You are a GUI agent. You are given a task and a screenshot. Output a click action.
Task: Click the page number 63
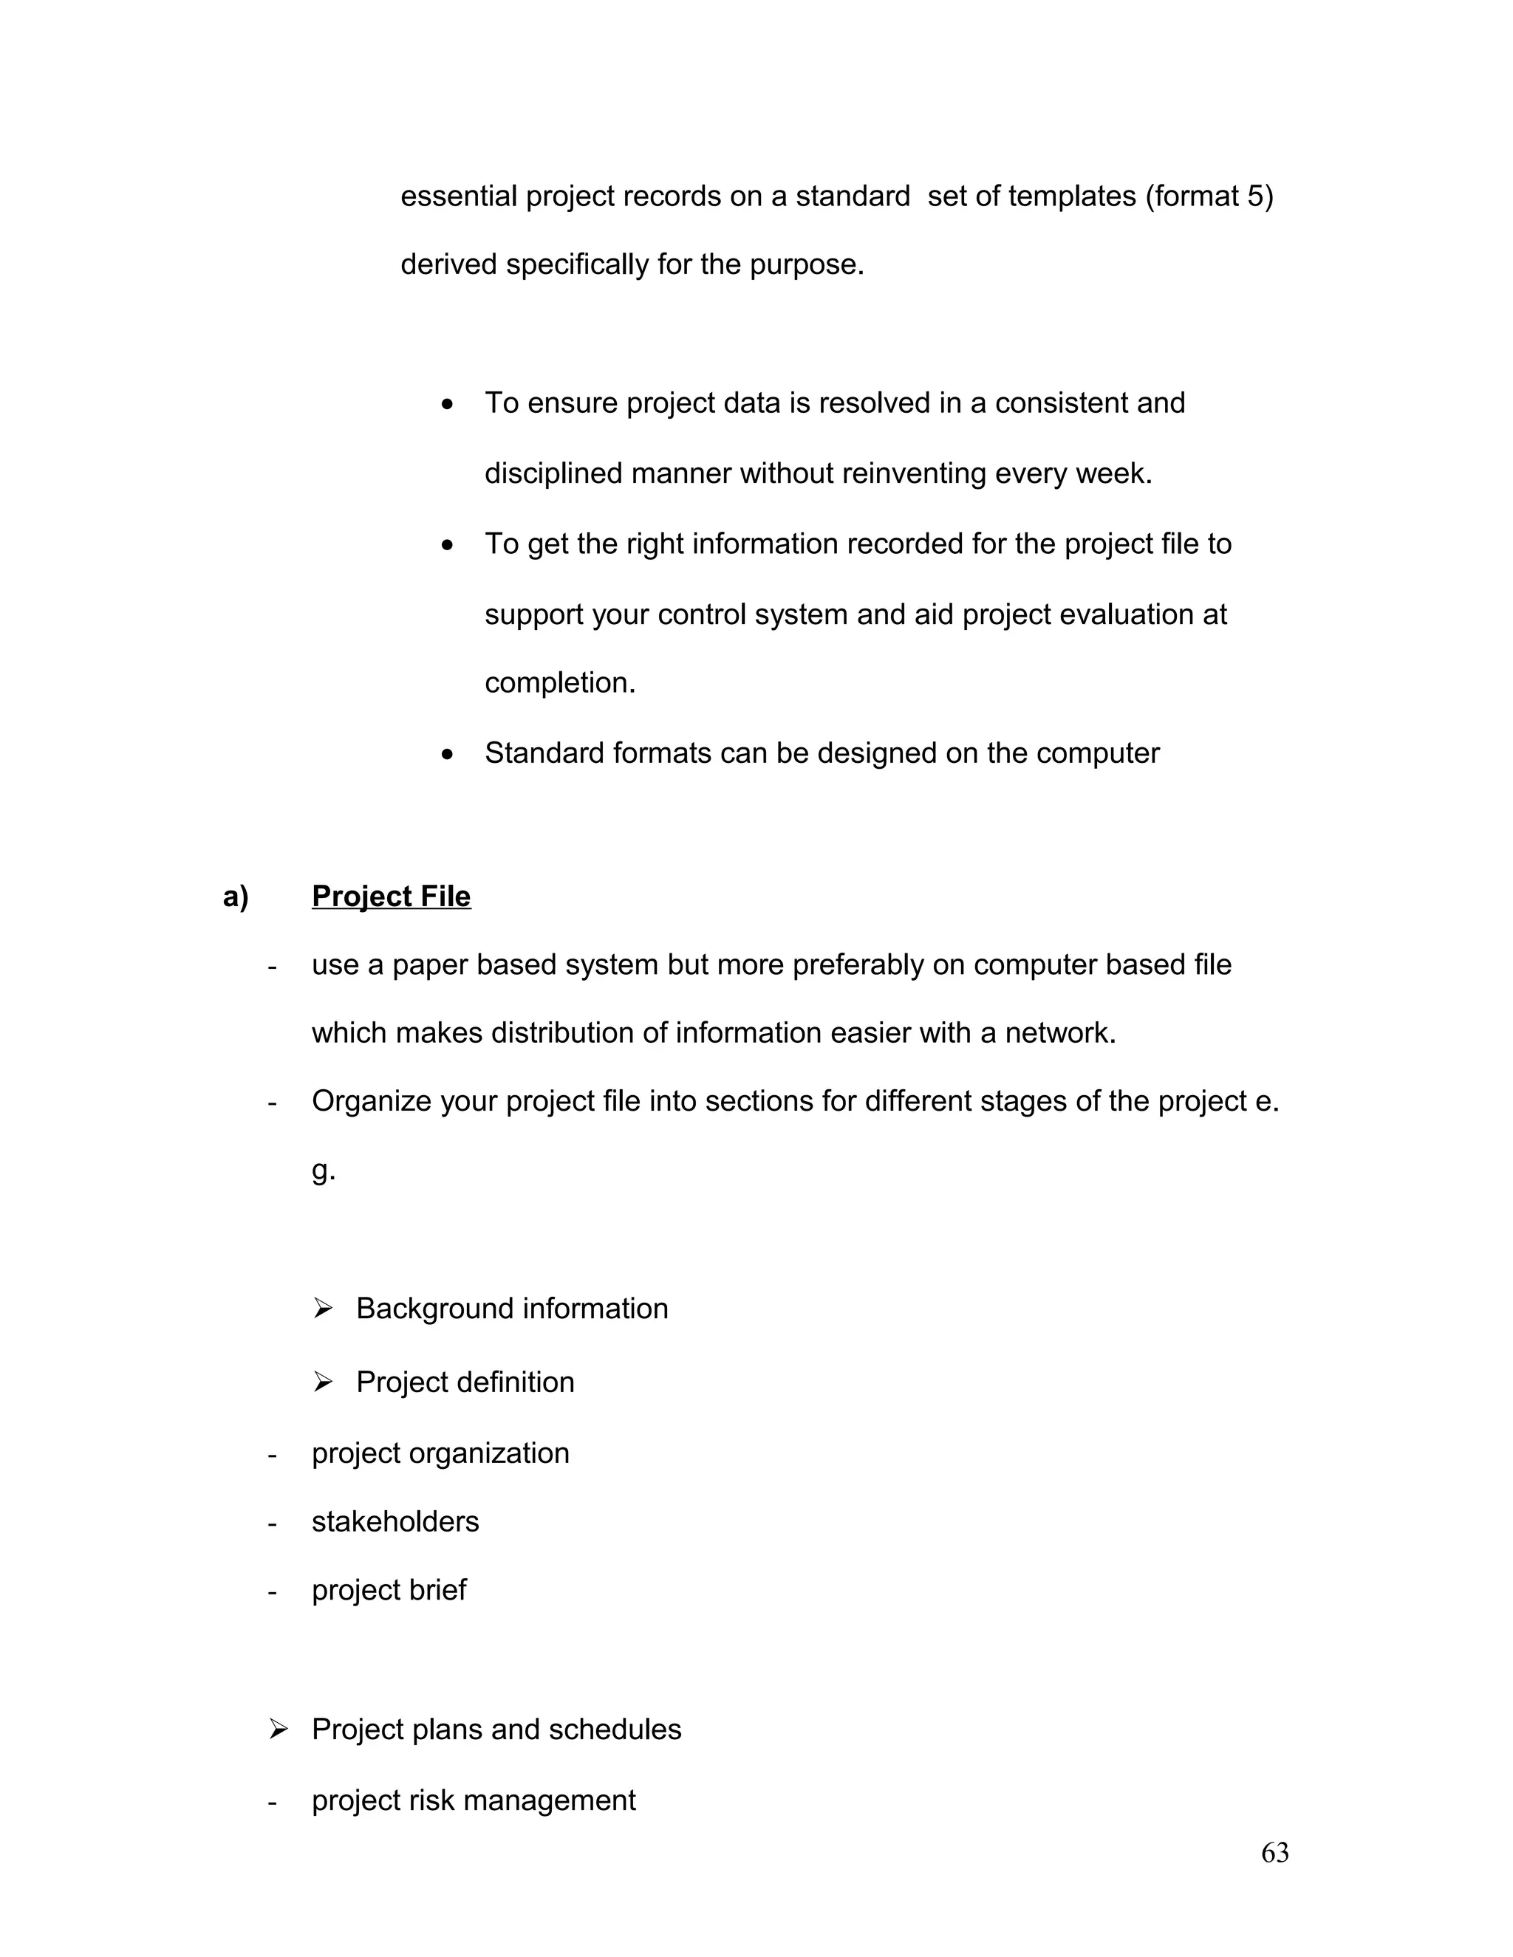click(1274, 1852)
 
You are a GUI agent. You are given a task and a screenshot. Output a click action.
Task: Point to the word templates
click(1072, 196)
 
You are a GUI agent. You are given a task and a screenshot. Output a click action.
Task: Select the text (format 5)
click(1209, 196)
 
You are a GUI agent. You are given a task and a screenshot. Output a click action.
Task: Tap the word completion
click(559, 683)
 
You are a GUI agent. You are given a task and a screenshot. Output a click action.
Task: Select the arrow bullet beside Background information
click(323, 1309)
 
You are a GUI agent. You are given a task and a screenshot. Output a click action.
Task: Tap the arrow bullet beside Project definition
click(323, 1382)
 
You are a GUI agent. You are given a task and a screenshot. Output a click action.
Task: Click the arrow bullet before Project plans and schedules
click(278, 1730)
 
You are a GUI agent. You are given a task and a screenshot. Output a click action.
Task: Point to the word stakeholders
click(395, 1521)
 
